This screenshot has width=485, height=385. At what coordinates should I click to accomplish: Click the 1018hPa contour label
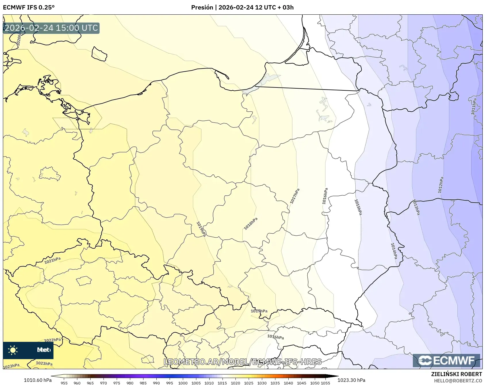[x=251, y=224]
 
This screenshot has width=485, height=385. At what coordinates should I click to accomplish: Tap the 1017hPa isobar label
[x=295, y=196]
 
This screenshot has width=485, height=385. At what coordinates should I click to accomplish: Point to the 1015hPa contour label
[x=358, y=207]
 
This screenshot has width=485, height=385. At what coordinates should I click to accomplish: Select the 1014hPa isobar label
[x=394, y=251]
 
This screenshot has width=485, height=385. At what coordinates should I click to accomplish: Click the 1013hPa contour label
[x=416, y=207]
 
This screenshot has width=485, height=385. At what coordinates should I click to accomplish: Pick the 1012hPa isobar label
[x=441, y=185]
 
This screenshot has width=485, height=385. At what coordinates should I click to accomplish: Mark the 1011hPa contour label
[x=474, y=106]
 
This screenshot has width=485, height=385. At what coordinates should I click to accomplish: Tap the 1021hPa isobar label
[x=52, y=260]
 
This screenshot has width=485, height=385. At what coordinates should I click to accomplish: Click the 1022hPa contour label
[x=52, y=340]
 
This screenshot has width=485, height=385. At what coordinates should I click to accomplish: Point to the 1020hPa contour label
[x=19, y=39]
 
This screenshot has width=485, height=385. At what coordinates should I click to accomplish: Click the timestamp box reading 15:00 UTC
[x=51, y=28]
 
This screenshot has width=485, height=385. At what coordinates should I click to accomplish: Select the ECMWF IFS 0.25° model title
[x=29, y=7]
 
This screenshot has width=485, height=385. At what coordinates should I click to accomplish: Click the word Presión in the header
[x=202, y=7]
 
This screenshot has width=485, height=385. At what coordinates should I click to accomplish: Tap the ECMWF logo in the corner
[x=446, y=361]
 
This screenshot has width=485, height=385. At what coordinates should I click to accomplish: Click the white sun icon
[x=13, y=350]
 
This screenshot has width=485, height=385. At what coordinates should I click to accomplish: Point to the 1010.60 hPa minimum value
[x=38, y=380]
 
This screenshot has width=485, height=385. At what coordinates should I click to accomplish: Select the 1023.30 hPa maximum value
[x=351, y=380]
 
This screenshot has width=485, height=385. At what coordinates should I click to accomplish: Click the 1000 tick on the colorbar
[x=183, y=383]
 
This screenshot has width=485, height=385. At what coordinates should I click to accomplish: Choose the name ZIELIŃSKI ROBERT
[x=456, y=374]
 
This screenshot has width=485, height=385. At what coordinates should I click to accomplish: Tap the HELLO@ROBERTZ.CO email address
[x=458, y=381]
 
